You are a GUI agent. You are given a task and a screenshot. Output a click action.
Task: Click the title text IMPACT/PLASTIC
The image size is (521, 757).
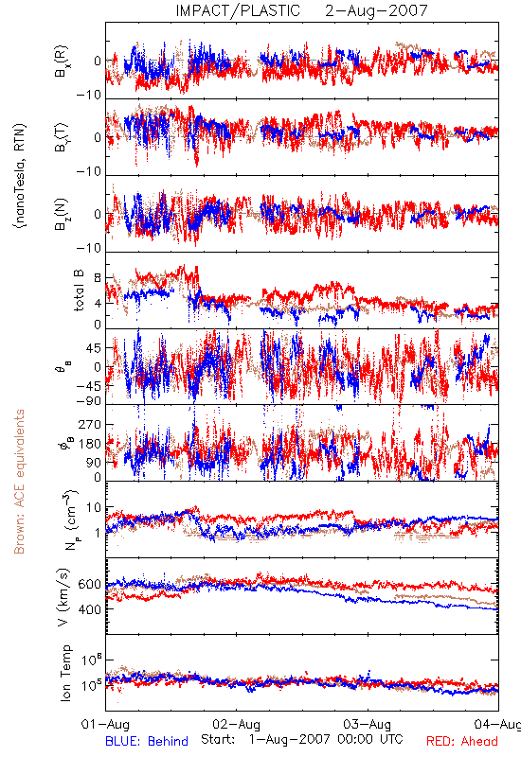coord(238,10)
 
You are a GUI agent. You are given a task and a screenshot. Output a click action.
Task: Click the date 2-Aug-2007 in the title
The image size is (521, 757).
coord(376,10)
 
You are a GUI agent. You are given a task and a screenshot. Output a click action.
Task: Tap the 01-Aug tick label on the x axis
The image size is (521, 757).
coord(105,724)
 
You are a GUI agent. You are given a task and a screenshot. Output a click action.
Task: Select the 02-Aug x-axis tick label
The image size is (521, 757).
coord(236,724)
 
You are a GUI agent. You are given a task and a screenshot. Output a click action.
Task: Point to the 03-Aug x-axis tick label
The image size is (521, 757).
coord(368,724)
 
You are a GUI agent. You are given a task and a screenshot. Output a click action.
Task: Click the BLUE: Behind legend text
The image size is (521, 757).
coord(147,741)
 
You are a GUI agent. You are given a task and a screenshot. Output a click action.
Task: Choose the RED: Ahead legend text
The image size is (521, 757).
coord(461,741)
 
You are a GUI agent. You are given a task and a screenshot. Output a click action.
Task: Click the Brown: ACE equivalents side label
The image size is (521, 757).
coord(19,482)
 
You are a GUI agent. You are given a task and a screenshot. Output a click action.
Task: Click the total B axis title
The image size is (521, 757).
coord(79,290)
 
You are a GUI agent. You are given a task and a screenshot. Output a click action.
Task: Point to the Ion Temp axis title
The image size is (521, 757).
coord(65,673)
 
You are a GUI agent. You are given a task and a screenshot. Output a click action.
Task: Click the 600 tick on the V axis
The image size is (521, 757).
coord(89,584)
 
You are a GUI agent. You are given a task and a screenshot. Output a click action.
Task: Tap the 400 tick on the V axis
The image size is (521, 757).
coord(89,609)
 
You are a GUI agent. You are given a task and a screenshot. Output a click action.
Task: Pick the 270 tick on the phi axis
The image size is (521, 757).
coord(90,424)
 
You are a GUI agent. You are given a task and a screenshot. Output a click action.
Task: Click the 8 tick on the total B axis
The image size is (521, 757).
coord(98,278)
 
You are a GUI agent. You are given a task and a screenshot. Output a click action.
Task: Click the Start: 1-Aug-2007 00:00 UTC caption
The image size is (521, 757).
coord(301,739)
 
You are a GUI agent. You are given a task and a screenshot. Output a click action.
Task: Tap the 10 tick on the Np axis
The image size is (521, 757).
coord(94,508)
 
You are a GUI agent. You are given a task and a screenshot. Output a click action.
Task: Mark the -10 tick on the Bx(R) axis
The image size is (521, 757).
coord(89,95)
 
